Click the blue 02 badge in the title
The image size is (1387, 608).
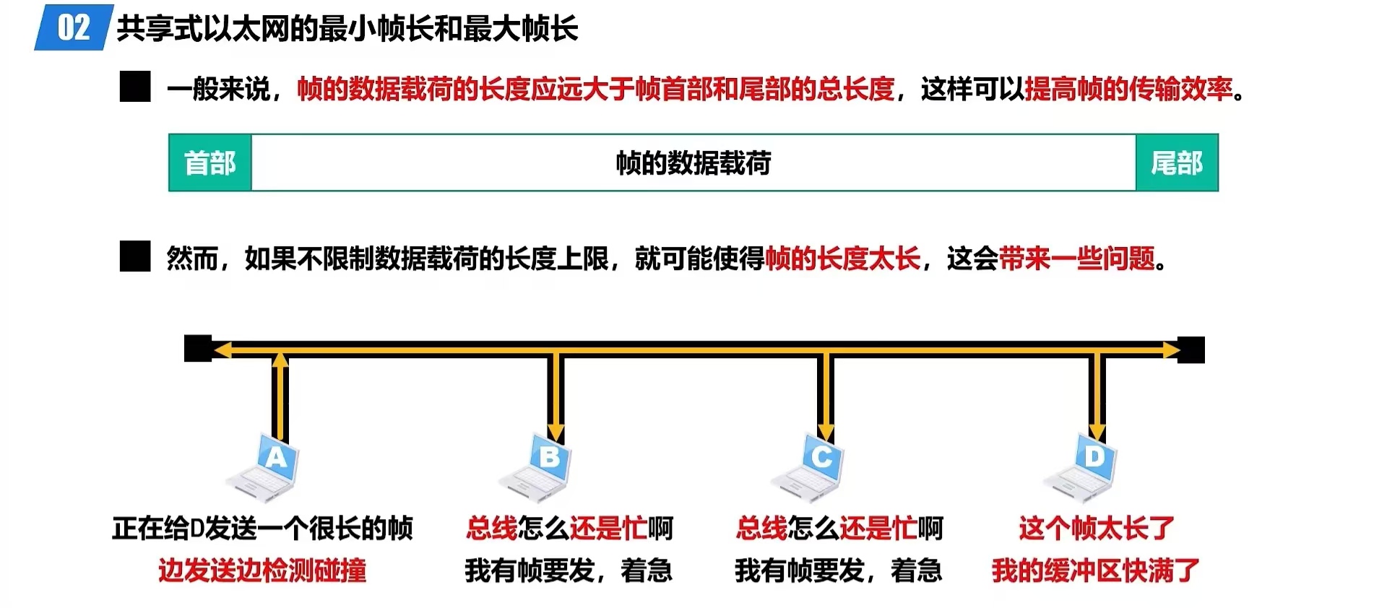tap(73, 28)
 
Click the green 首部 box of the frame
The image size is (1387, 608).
tap(209, 163)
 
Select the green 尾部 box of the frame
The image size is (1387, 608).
tap(1176, 163)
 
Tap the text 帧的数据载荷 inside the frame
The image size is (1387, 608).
tap(693, 163)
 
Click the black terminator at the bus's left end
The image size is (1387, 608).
tap(197, 349)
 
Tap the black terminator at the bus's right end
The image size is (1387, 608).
tap(1192, 349)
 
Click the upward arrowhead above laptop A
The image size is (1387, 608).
tap(280, 359)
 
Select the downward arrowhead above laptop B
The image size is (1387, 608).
tap(555, 433)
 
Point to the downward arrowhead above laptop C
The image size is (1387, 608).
tap(826, 433)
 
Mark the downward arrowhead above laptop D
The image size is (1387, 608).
tap(1097, 433)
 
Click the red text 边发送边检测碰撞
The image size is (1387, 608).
tap(262, 570)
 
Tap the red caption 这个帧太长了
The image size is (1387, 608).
tap(1096, 529)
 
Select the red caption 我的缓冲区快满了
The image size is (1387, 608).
tap(1095, 570)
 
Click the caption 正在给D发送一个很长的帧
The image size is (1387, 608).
tap(262, 529)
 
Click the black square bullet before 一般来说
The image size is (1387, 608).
tap(135, 87)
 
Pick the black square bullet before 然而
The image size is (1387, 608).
tap(135, 256)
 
